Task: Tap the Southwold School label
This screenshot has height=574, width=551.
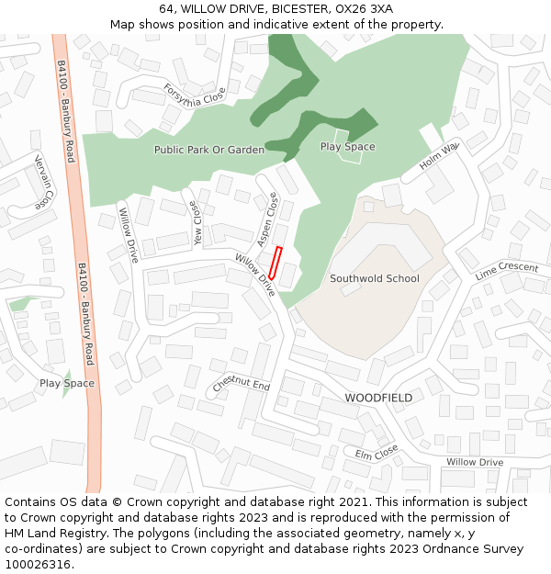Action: (374, 278)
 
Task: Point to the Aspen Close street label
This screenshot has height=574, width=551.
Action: (267, 219)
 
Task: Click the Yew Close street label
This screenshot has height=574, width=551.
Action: (195, 224)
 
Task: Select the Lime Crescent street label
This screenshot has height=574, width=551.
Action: (507, 271)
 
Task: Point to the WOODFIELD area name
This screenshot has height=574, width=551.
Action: (378, 398)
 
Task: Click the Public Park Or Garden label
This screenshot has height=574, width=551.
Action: (208, 150)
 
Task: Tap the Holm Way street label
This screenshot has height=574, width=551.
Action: (438, 156)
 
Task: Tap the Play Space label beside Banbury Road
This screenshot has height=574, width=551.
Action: (66, 383)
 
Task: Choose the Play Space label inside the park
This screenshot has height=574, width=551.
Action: (347, 147)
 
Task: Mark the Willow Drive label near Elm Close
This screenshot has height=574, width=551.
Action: (475, 462)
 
